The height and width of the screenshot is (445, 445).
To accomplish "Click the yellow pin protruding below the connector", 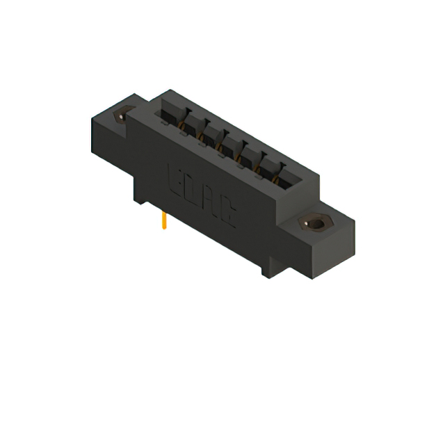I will (x=163, y=222).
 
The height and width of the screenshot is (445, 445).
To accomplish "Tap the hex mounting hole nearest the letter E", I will (x=124, y=116).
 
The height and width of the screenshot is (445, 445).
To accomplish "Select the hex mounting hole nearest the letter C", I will (x=314, y=224).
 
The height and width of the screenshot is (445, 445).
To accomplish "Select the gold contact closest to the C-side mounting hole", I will (x=280, y=181).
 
